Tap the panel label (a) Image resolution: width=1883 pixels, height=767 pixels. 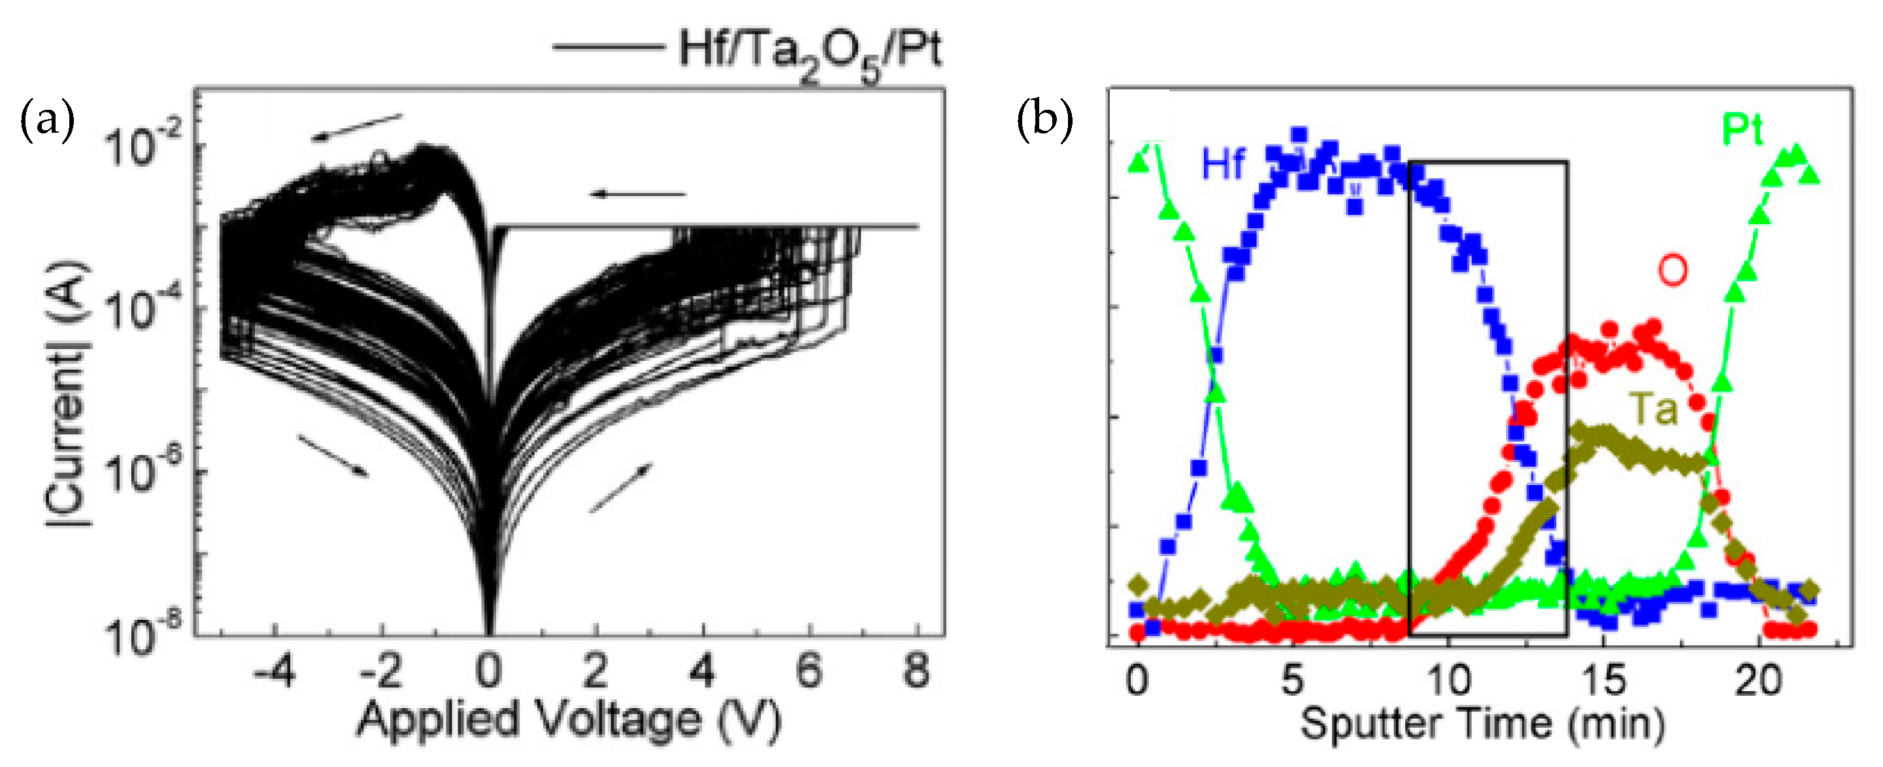[48, 121]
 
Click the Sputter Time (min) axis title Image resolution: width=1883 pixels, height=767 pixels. [1482, 724]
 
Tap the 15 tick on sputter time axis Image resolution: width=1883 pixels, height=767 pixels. [1604, 681]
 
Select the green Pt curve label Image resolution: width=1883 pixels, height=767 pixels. [1742, 131]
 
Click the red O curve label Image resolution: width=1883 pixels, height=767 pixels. [1673, 270]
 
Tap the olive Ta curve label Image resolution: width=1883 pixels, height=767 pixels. [1654, 409]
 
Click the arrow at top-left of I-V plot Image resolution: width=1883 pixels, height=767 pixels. [356, 128]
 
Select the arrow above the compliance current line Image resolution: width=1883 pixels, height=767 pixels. [638, 194]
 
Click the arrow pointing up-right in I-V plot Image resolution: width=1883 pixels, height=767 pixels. [621, 488]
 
